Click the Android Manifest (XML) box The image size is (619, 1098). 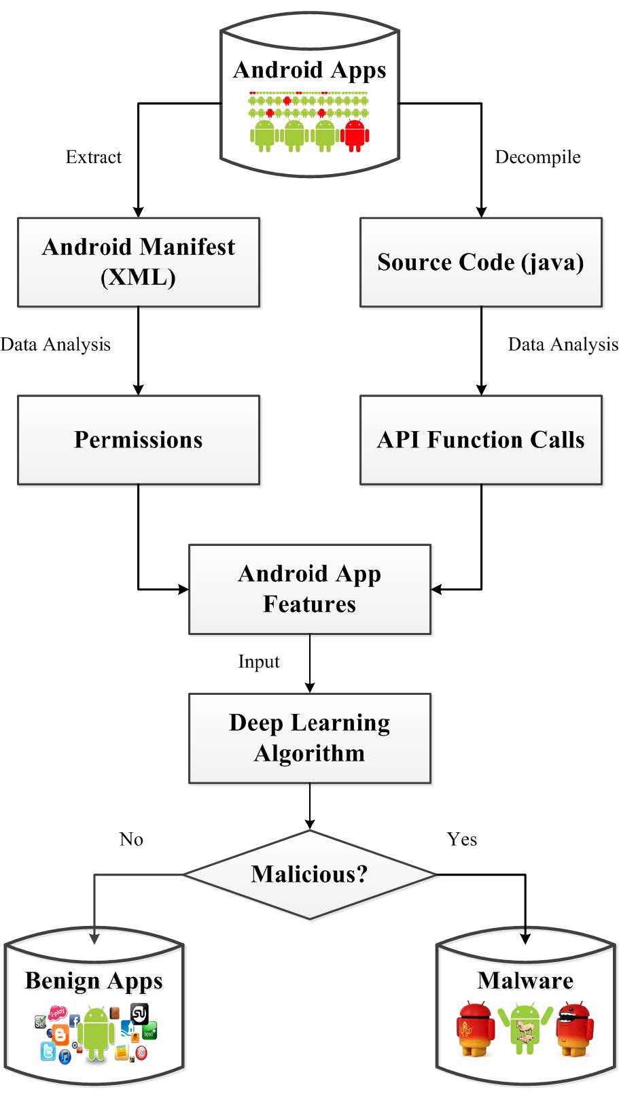click(x=139, y=262)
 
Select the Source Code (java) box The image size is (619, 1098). click(x=480, y=262)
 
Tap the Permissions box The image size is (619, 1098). click(x=139, y=440)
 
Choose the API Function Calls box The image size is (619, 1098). click(x=480, y=440)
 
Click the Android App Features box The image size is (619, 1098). click(x=309, y=589)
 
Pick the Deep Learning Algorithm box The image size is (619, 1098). click(x=309, y=738)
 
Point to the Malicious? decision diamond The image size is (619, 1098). click(x=309, y=874)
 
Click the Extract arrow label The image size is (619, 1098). click(x=94, y=157)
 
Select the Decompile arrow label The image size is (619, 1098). click(x=537, y=157)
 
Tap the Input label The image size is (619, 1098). click(x=259, y=662)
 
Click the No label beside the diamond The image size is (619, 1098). click(x=131, y=839)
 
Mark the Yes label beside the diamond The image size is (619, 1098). click(x=462, y=839)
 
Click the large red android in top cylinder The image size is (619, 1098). click(x=355, y=135)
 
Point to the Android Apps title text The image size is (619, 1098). click(x=309, y=70)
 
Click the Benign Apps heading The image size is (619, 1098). click(x=94, y=980)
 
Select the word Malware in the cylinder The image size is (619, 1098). click(x=525, y=980)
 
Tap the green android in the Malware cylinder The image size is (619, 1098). click(x=525, y=1027)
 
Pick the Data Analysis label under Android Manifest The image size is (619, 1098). click(x=56, y=344)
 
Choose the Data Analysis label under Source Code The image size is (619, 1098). click(x=563, y=344)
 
